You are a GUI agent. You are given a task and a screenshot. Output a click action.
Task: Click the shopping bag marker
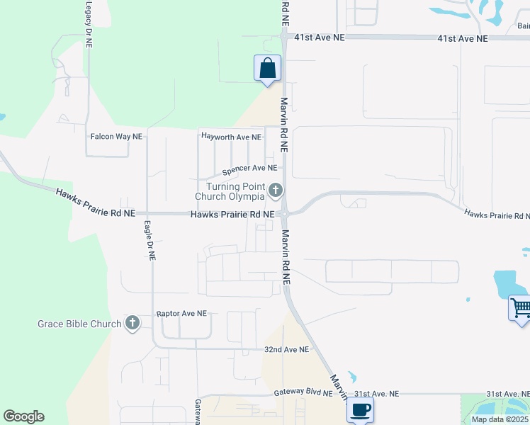pos(268,69)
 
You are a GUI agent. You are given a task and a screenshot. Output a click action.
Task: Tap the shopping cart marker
pos(520,309)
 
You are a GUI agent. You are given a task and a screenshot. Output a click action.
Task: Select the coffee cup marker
pos(360,409)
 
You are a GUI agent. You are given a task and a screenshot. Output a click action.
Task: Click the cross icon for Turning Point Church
pos(276,191)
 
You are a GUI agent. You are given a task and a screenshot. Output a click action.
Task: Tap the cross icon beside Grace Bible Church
pos(132,324)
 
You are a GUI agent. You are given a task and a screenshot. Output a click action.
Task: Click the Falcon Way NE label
pos(116,135)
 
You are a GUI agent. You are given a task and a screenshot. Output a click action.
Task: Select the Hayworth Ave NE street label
pos(231,136)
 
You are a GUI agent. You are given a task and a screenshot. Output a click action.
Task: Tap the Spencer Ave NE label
pos(249,169)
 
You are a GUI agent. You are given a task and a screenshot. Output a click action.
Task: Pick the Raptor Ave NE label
pos(181,313)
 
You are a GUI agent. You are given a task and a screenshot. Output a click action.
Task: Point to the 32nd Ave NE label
pos(286,350)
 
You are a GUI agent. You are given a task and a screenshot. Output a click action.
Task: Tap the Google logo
pos(23,416)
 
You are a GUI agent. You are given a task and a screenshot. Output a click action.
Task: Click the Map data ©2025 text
pos(500,419)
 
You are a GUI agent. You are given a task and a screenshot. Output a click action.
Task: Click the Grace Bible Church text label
pos(79,324)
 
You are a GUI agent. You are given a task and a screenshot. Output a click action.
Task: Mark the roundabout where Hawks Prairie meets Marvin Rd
pos(284,213)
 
